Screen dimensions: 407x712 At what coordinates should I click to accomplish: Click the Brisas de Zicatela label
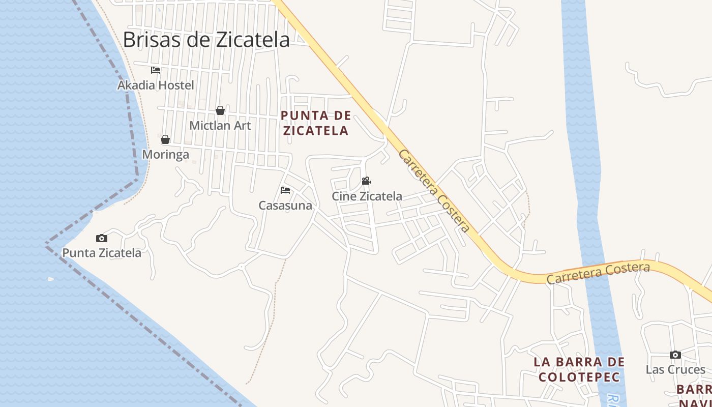click(x=206, y=40)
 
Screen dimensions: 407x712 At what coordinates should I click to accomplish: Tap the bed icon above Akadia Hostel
click(x=156, y=70)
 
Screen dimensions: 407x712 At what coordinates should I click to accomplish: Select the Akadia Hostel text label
click(x=156, y=85)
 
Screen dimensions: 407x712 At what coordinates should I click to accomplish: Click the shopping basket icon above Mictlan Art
click(x=220, y=110)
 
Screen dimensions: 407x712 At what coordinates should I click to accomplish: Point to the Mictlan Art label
click(x=220, y=125)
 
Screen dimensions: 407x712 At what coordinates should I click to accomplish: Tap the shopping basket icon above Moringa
click(x=165, y=139)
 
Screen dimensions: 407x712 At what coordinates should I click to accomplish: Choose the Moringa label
click(x=166, y=154)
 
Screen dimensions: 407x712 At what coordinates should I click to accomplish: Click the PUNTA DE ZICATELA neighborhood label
click(x=316, y=123)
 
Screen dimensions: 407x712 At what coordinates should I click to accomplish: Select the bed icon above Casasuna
click(x=285, y=190)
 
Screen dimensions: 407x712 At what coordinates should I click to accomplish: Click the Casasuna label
click(x=285, y=206)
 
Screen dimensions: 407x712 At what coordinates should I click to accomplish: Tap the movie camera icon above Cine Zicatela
click(x=366, y=181)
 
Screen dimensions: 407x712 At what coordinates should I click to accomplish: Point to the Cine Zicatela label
click(x=367, y=196)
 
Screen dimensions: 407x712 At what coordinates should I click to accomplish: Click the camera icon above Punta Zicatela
click(x=102, y=238)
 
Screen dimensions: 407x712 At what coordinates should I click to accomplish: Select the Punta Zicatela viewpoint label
click(x=102, y=252)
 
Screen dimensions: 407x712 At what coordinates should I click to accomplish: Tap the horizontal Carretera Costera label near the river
click(x=598, y=273)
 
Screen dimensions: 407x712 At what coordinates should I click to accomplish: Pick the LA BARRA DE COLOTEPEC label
click(x=579, y=369)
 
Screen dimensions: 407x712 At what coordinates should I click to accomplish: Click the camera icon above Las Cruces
click(x=675, y=355)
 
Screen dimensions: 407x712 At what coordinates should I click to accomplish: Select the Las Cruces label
click(x=675, y=369)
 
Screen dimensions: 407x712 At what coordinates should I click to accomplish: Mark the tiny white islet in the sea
click(x=51, y=279)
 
